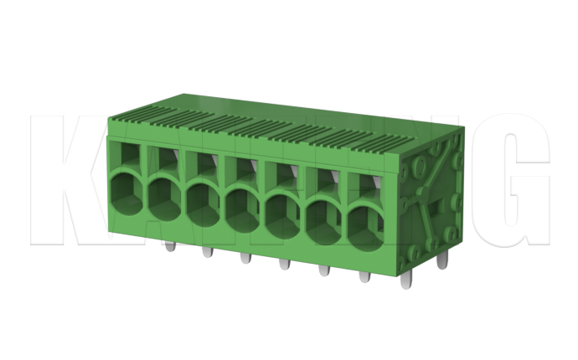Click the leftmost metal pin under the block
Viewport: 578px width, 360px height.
169,247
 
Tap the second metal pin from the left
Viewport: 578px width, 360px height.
206,253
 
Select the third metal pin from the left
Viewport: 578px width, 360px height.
244,259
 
